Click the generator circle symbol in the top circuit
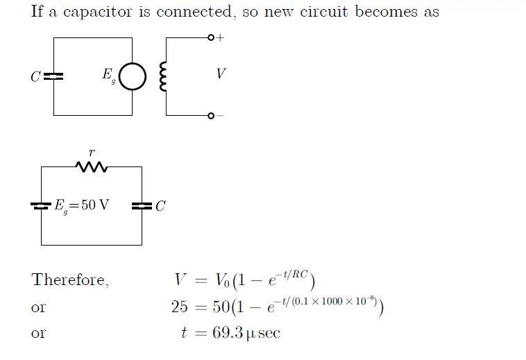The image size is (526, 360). [133, 77]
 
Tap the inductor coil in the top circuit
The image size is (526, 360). [164, 76]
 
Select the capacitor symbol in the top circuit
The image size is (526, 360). [54, 76]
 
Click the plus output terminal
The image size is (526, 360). [211, 37]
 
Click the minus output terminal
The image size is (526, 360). [211, 115]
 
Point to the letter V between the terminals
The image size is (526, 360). [221, 74]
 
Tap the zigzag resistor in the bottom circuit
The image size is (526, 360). [92, 167]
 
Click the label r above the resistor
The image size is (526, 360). [92, 152]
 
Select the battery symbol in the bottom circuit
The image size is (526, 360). [41, 205]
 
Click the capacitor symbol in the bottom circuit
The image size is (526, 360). [142, 205]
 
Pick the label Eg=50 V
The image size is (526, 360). [81, 205]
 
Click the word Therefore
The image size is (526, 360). [70, 280]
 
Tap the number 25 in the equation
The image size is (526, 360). [180, 307]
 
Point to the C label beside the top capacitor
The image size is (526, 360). [35, 77]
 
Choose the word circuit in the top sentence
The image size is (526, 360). [325, 12]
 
